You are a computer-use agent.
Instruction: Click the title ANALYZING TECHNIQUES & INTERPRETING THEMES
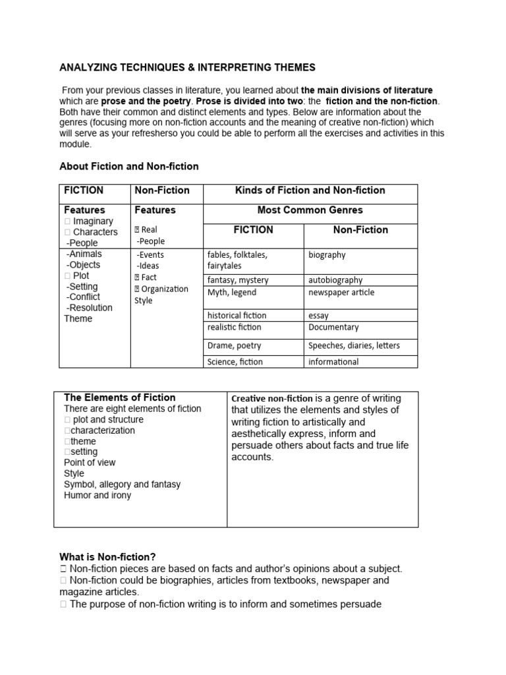pos(187,67)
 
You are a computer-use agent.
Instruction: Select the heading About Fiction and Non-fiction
pos(128,166)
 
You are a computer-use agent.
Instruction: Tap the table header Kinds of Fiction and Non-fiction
pos(310,191)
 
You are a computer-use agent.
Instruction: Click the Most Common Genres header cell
pos(310,210)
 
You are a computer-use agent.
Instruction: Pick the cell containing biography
pos(327,255)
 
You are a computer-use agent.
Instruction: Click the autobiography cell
pos(335,280)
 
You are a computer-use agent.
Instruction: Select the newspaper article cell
pos(341,293)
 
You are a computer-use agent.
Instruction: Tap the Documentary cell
pos(333,328)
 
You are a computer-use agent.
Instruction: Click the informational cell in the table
pos(333,362)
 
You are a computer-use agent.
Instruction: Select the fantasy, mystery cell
pos(238,280)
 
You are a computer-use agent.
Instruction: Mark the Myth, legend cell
pos(232,293)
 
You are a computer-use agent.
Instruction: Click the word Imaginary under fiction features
pos(93,221)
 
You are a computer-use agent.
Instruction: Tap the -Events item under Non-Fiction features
pos(150,255)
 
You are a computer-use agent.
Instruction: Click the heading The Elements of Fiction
pos(119,397)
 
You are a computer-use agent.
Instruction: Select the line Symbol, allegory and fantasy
pos(122,484)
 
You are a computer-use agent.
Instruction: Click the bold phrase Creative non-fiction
pos(272,399)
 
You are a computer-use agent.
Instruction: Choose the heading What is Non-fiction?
pos(107,557)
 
